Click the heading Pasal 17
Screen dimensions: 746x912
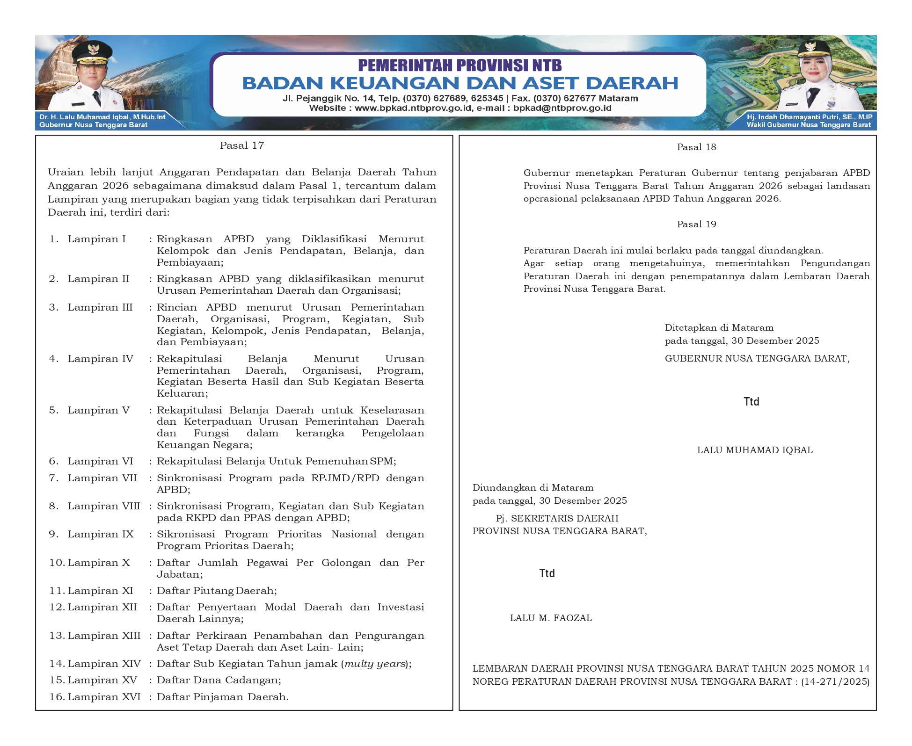coord(242,145)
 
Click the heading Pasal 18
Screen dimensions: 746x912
coord(696,147)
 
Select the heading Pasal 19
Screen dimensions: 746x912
coord(696,224)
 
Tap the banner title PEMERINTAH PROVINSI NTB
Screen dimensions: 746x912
coord(460,65)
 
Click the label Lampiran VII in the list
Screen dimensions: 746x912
coord(102,478)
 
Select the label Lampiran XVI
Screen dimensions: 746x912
coord(104,697)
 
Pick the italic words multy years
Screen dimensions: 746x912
coord(375,664)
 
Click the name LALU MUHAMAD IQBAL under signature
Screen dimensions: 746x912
coord(755,450)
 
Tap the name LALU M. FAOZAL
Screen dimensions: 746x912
coord(551,618)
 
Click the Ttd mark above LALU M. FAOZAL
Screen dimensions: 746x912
coord(547,573)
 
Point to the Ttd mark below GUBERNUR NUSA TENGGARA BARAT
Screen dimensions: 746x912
coord(751,402)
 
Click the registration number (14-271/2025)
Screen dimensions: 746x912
coord(835,681)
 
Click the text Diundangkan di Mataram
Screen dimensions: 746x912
coord(533,488)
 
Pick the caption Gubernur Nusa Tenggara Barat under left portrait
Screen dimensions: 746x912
coord(93,125)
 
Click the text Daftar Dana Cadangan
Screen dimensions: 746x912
coord(219,680)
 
